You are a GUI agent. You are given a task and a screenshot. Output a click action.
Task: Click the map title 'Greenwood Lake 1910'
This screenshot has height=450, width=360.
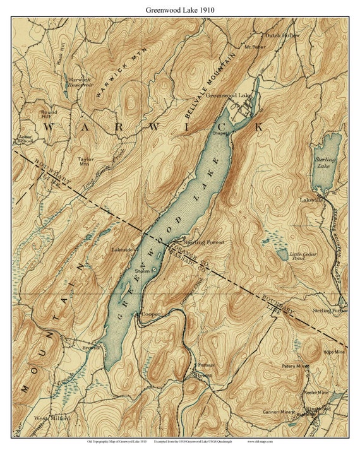179,10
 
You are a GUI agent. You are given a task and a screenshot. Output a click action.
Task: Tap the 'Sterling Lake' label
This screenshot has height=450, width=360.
325,163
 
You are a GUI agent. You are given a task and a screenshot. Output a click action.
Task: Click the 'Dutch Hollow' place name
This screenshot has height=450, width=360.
282,35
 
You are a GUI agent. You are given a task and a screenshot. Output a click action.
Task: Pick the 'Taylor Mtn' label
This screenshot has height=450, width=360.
85,162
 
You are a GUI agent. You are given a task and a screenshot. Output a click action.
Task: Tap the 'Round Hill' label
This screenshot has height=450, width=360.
49,114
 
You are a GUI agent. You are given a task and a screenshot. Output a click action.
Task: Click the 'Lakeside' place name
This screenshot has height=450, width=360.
123,249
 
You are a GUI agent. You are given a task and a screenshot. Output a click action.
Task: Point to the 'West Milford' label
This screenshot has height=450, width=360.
52,418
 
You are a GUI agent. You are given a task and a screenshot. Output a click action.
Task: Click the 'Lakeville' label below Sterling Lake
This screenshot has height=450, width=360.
312,199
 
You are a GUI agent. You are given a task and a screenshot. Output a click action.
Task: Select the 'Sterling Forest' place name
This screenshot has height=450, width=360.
203,242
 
